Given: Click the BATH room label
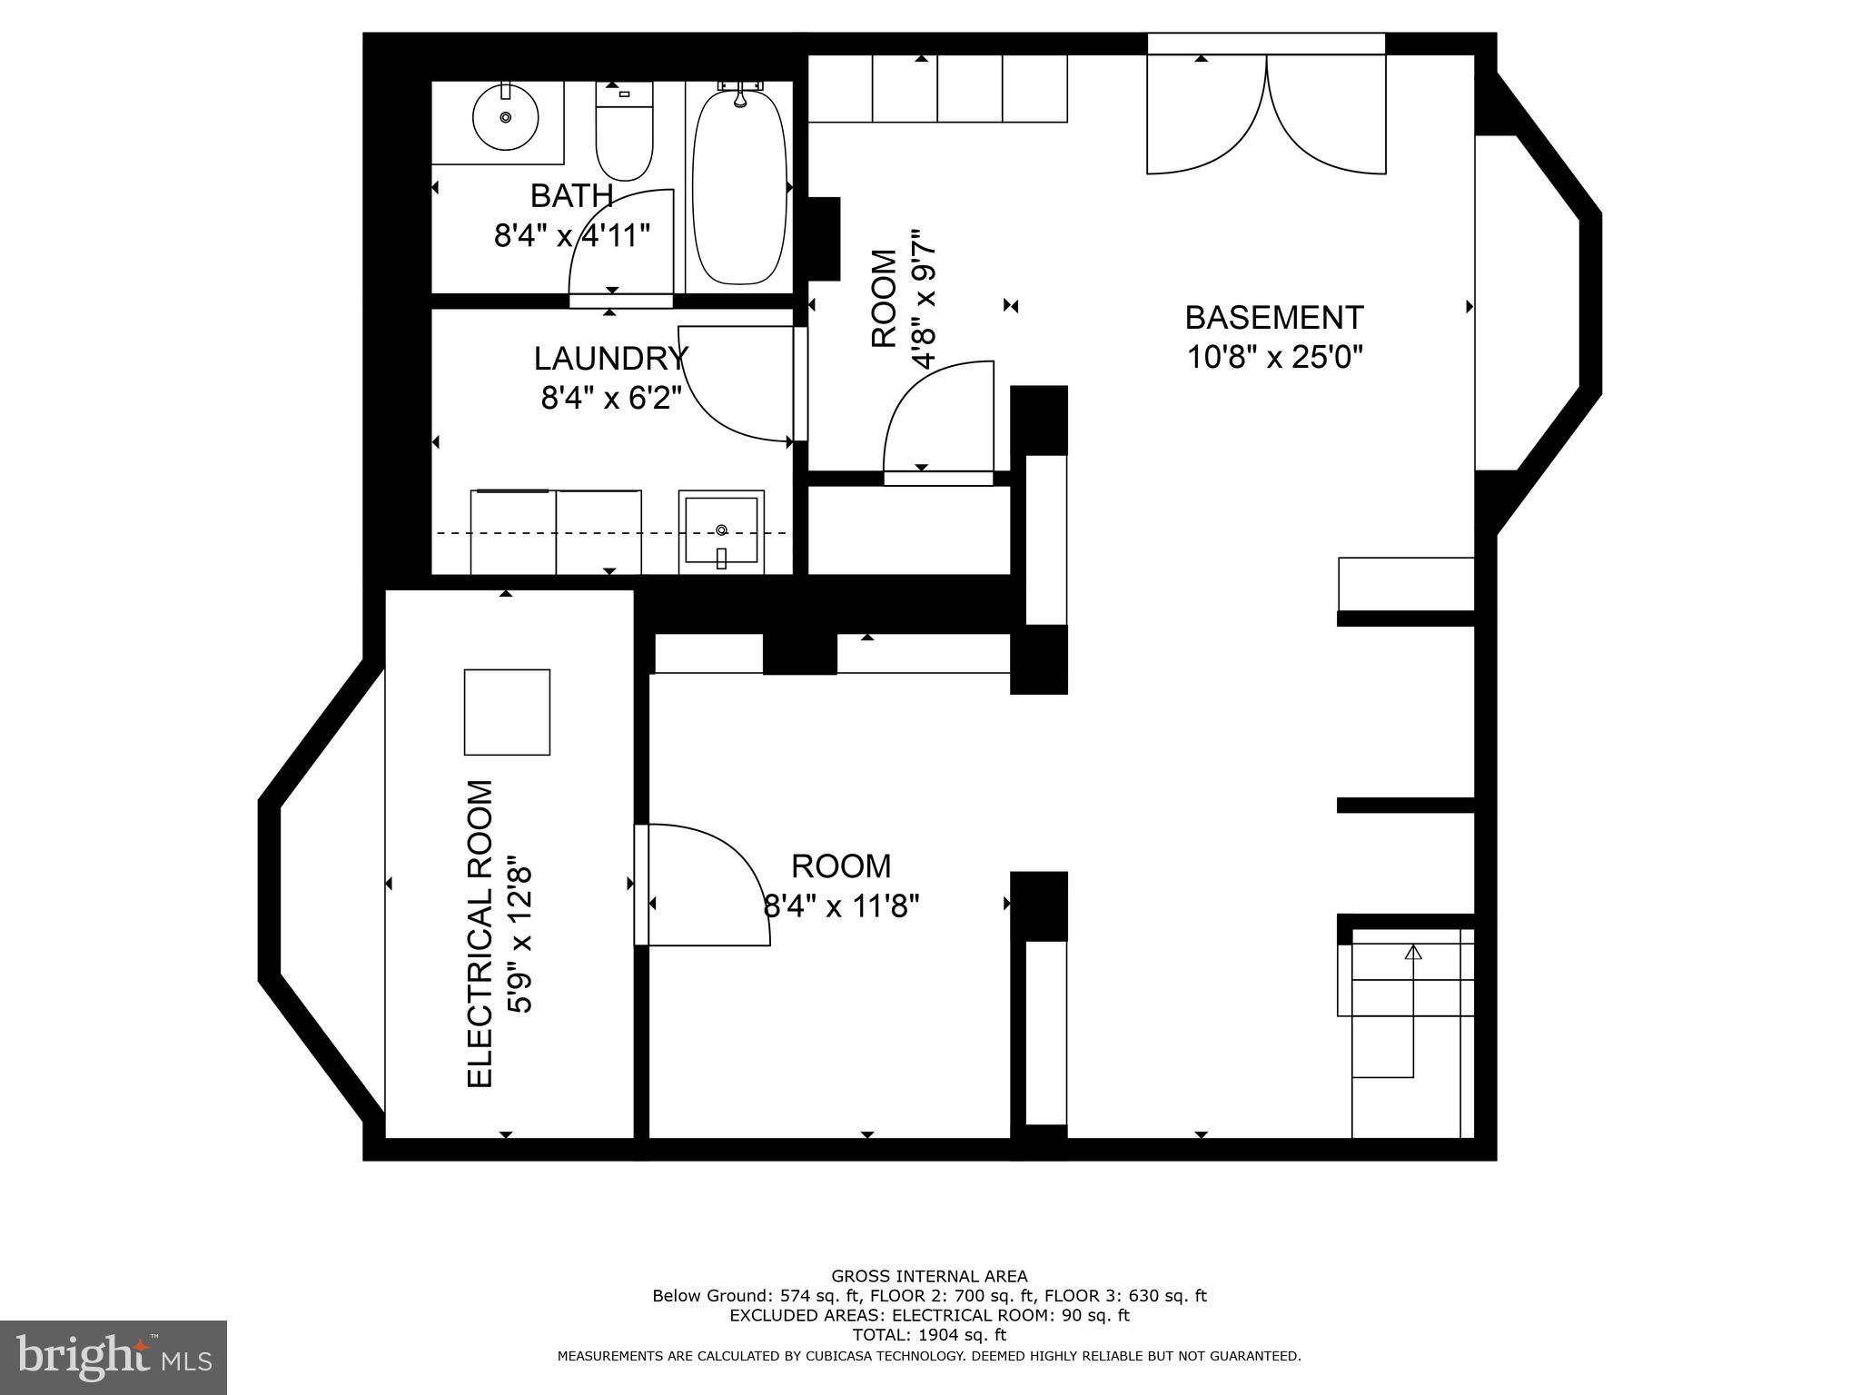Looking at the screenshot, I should (571, 195).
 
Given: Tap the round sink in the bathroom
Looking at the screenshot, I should (506, 117).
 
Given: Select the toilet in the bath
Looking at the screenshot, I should (624, 132).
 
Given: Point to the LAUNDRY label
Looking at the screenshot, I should (609, 359).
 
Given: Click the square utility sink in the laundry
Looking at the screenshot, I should (721, 531).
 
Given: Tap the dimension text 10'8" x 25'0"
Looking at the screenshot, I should (1275, 358).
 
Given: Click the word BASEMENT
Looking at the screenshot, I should (1274, 318).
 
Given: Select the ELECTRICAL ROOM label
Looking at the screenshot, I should (480, 933).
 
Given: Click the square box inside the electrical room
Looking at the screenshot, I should (507, 712).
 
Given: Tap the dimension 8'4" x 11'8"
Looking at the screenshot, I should (842, 905).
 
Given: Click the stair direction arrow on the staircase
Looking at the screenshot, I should (1412, 953).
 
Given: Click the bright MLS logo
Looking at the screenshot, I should (113, 1357).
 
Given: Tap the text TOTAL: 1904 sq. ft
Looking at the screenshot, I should (929, 1335).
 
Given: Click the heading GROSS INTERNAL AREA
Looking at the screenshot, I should (929, 1276).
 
